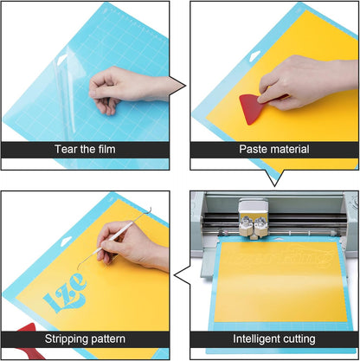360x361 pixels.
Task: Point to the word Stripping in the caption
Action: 63,338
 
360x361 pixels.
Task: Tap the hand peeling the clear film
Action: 121,87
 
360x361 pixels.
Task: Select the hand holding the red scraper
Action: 299,78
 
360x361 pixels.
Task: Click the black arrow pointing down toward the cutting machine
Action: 276,176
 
